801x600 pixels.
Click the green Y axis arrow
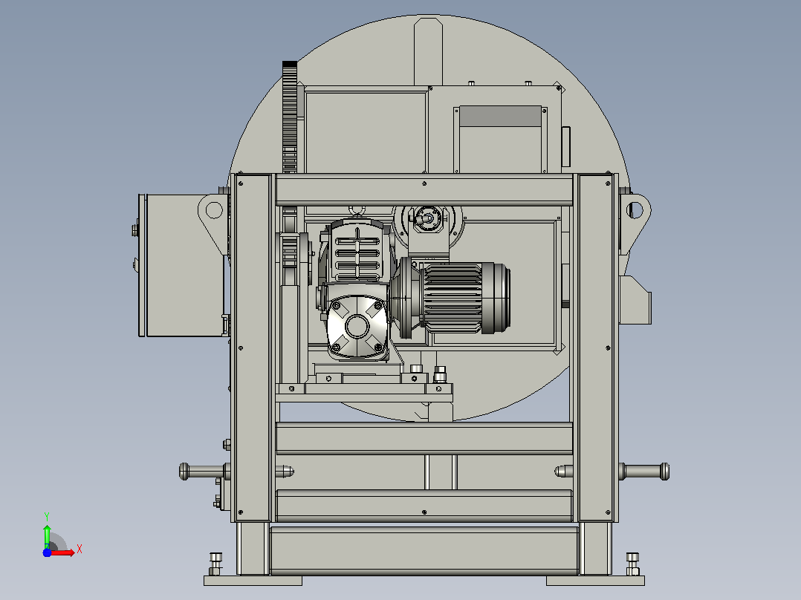tap(47, 536)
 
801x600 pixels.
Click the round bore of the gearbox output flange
tap(357, 326)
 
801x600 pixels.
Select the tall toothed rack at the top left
tap(290, 117)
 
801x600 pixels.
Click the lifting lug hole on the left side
tap(213, 210)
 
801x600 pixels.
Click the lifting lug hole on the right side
tap(635, 209)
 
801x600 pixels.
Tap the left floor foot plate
tap(253, 581)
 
